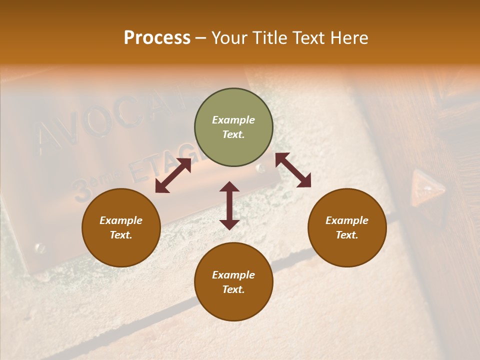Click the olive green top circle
tap(233, 127)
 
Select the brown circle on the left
tap(121, 227)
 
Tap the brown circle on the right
tap(347, 227)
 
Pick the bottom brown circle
tap(233, 282)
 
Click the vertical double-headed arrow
tap(229, 205)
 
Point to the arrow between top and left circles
tap(173, 175)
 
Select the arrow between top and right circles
tap(293, 170)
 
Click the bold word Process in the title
tap(157, 38)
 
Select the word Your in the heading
tap(229, 38)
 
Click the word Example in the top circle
tap(233, 120)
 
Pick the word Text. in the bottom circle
tap(233, 289)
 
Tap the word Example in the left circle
tap(121, 220)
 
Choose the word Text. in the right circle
tap(347, 235)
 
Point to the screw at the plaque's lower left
tap(39, 247)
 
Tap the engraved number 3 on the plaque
tap(80, 190)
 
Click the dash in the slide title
tap(201, 38)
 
